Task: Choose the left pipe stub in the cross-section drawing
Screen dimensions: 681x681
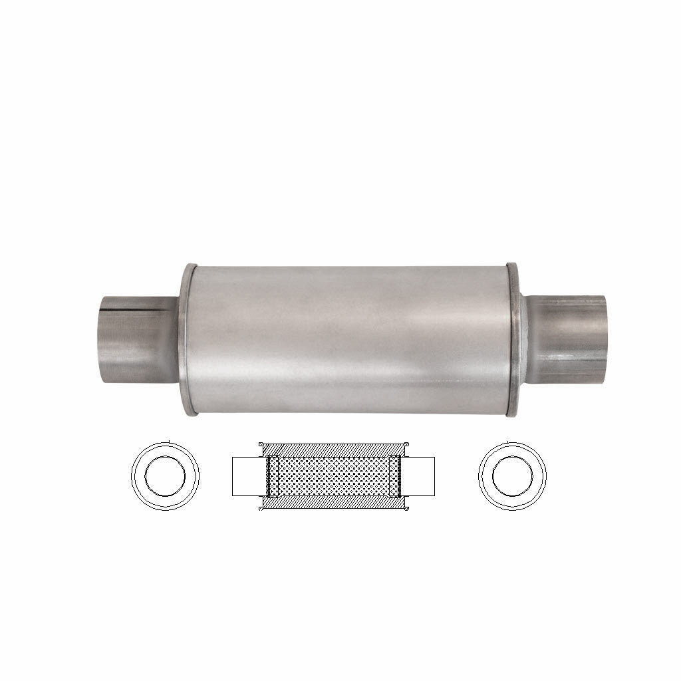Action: click(247, 476)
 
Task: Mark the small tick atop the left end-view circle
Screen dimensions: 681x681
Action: click(171, 441)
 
